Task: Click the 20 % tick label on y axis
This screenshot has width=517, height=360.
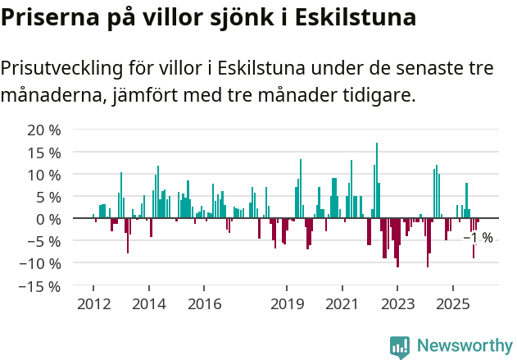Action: [x=44, y=130]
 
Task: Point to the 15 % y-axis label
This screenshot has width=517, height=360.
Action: [x=44, y=153]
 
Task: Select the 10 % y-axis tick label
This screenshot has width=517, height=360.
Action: [x=44, y=175]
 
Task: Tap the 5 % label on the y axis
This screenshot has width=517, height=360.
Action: [x=48, y=197]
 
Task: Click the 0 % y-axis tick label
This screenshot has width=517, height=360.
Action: [x=48, y=219]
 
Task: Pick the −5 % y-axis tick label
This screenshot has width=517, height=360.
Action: [x=44, y=242]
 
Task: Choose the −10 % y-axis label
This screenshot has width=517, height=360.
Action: [x=40, y=264]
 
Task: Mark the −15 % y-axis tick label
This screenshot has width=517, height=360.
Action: [x=40, y=286]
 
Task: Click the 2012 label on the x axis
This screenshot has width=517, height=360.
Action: [x=93, y=304]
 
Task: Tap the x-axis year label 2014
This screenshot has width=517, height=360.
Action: [x=148, y=304]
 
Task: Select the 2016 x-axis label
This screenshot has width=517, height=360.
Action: [x=204, y=304]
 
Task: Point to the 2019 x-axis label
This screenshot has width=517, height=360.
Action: [x=287, y=304]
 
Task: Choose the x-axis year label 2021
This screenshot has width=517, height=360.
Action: [x=342, y=304]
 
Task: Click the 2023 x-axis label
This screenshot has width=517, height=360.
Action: [x=397, y=304]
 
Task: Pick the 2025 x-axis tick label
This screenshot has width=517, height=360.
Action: [x=453, y=304]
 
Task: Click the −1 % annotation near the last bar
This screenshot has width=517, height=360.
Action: [x=478, y=238]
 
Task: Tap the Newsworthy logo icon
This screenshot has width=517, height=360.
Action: [x=400, y=347]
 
